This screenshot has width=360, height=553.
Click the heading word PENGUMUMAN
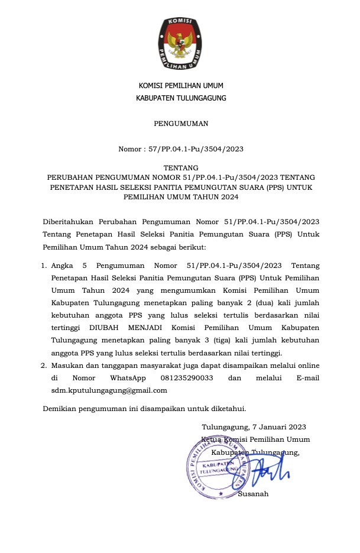[x=181, y=124]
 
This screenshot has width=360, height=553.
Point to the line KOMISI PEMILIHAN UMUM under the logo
[x=181, y=86]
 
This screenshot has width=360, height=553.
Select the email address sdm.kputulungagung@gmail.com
[x=109, y=390]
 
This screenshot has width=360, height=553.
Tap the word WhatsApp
[x=130, y=377]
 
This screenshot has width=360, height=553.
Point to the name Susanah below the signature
[x=253, y=493]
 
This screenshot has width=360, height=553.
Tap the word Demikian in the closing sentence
[x=63, y=408]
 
